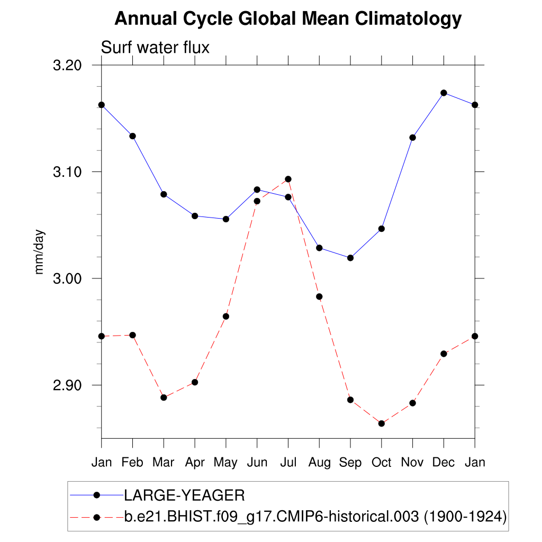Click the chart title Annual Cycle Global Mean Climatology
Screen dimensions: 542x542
(288, 19)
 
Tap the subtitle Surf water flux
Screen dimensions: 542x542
(155, 48)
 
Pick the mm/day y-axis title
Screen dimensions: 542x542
(40, 252)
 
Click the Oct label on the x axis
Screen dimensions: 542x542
(381, 462)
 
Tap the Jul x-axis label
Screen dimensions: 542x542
(288, 462)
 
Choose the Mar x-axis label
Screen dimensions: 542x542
(164, 462)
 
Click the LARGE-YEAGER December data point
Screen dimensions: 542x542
(444, 93)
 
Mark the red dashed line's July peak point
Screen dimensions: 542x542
(288, 179)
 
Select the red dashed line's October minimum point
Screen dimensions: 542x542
(381, 423)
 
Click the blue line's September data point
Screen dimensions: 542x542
(350, 258)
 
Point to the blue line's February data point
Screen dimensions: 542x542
(132, 136)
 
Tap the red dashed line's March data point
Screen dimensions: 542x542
(164, 398)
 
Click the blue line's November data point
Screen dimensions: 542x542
(412, 138)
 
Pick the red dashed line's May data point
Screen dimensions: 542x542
(226, 317)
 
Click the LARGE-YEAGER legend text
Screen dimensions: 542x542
(184, 495)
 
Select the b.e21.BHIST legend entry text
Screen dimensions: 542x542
(315, 516)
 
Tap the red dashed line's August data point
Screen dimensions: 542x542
(319, 296)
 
